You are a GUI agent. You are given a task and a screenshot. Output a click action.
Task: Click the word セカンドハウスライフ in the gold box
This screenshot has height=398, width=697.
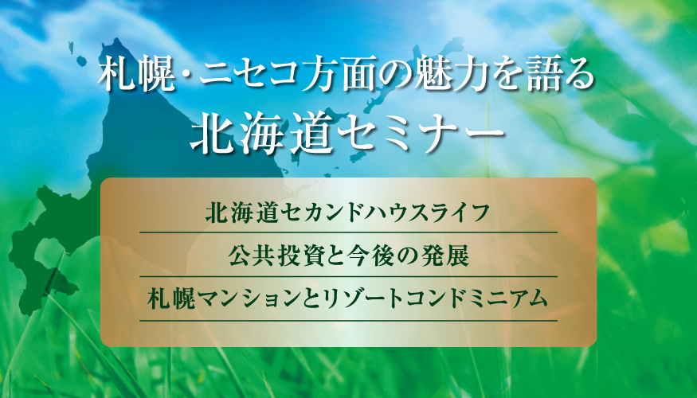point(376,213)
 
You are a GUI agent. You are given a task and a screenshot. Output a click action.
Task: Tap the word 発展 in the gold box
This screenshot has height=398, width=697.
point(448,256)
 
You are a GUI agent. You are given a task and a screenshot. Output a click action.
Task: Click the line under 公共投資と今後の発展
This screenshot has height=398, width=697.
point(349,276)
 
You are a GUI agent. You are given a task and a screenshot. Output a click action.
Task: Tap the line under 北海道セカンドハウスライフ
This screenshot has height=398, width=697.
point(349,232)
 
